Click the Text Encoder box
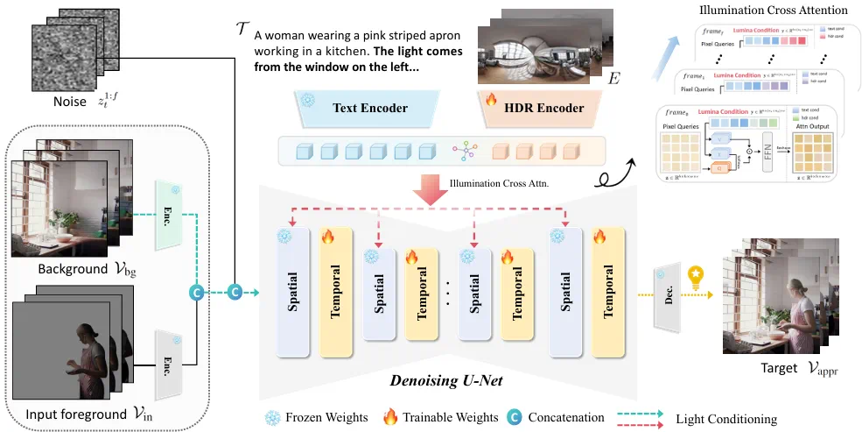[x=369, y=109]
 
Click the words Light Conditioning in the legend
[x=725, y=419]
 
